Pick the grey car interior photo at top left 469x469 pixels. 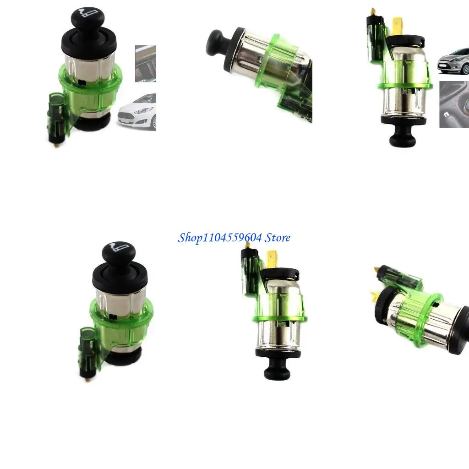tap(146, 63)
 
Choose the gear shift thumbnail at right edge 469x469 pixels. tap(454, 104)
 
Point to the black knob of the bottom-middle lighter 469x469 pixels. tap(276, 370)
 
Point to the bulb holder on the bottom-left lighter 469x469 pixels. tap(86, 350)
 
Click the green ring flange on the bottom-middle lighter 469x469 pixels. tap(279, 318)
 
